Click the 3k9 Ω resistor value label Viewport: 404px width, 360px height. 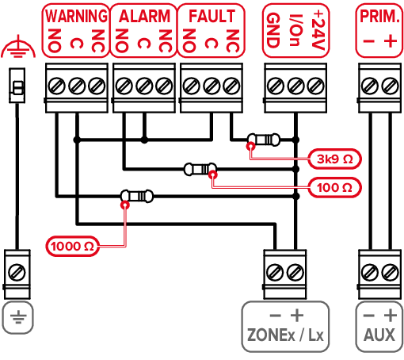(x=334, y=159)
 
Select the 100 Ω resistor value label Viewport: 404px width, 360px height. (x=334, y=188)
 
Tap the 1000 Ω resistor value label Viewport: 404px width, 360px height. (x=72, y=247)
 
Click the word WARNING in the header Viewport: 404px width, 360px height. (x=76, y=16)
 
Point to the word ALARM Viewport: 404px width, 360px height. (x=144, y=16)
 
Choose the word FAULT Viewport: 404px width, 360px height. (x=212, y=16)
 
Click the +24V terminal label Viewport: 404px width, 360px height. (x=318, y=30)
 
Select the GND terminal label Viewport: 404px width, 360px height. (x=273, y=30)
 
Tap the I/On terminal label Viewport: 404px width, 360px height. (x=295, y=30)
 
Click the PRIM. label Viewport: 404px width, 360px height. (x=379, y=17)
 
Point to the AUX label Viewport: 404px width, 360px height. (x=379, y=335)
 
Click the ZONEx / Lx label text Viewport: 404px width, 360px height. (x=285, y=335)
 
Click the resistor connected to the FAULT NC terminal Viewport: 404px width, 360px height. (x=264, y=140)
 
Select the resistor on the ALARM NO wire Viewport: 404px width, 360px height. (x=200, y=169)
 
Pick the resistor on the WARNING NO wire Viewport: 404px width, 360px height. (x=137, y=197)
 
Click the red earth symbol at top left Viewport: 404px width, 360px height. (x=18, y=48)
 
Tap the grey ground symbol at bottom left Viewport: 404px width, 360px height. (x=18, y=316)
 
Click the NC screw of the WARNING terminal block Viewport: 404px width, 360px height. (x=97, y=86)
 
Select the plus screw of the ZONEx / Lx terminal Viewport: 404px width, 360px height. (x=295, y=272)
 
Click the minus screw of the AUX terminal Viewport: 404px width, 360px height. (x=370, y=272)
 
